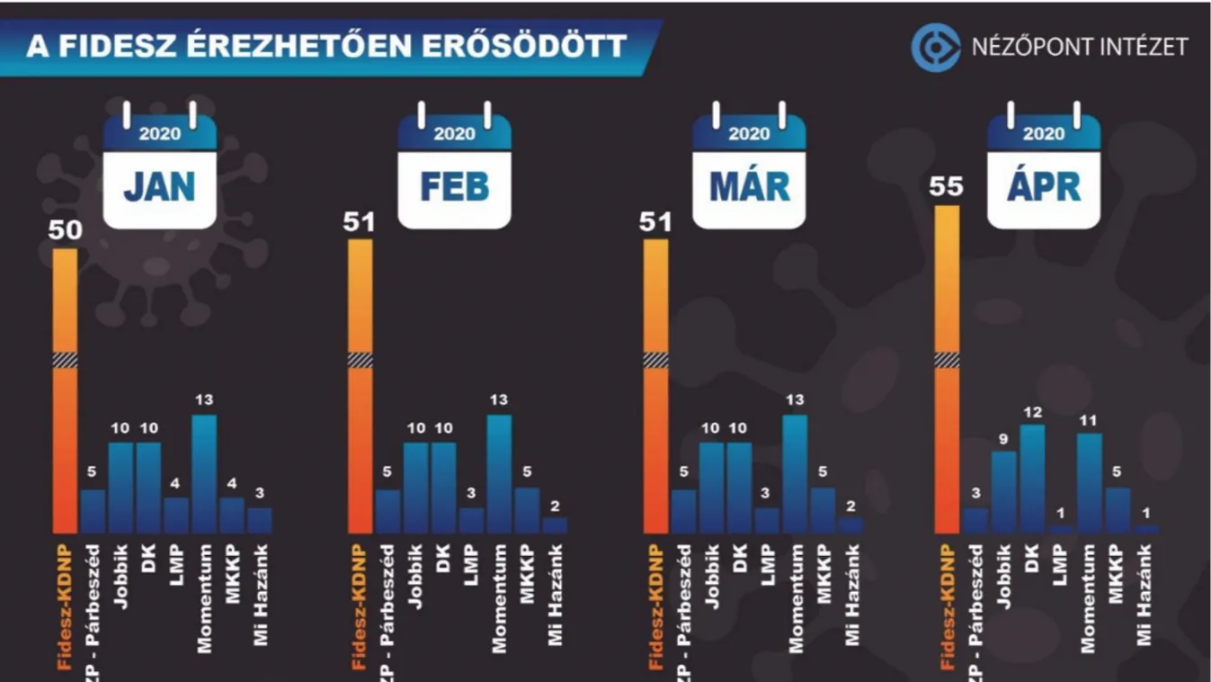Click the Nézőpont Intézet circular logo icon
pos(935,47)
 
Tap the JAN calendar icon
pos(159,169)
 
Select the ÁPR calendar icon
pos(1044,169)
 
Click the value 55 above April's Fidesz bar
pos(947,187)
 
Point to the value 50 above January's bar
pos(65,230)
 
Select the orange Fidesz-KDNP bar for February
pos(360,387)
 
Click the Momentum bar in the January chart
pos(204,473)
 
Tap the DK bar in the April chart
pos(1033,479)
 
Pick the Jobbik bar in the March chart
pos(710,487)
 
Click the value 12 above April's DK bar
pos(1033,412)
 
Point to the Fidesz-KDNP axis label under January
pos(65,607)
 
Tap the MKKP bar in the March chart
pos(823,510)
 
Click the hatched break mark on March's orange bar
pos(655,360)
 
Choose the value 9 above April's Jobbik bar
pos(1004,439)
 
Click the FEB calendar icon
pos(454,169)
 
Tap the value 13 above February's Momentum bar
pos(499,400)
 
